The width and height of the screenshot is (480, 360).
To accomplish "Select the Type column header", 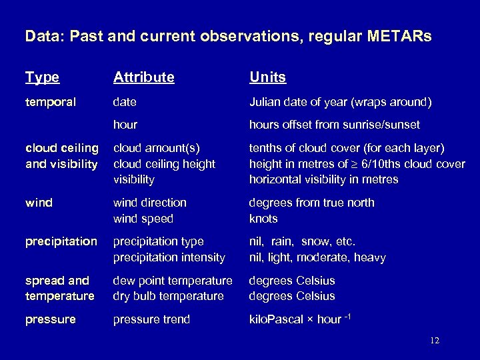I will click(42, 77).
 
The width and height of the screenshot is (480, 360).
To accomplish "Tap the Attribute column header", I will click(144, 77).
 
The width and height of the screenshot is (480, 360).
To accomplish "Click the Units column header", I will click(267, 77).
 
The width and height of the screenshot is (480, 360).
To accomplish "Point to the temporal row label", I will click(51, 103).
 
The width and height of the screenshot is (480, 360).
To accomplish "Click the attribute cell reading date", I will click(125, 103).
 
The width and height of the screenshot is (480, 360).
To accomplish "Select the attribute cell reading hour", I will click(125, 125).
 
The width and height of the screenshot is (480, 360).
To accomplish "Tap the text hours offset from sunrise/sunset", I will click(334, 125).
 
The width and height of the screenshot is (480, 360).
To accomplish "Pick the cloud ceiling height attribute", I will click(164, 163).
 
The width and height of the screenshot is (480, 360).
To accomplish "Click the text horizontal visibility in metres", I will click(323, 179).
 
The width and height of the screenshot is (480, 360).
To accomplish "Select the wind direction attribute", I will click(149, 203).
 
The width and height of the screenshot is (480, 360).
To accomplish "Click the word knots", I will click(263, 219).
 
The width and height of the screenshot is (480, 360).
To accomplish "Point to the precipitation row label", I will click(61, 241).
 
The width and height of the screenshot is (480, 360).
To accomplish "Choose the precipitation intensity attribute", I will click(169, 257).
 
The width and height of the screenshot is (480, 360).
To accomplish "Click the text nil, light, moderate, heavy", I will click(317, 257).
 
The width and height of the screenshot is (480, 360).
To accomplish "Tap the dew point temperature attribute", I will click(173, 281).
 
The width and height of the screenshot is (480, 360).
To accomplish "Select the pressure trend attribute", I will click(151, 319).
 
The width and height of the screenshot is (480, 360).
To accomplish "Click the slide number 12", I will click(435, 341).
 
